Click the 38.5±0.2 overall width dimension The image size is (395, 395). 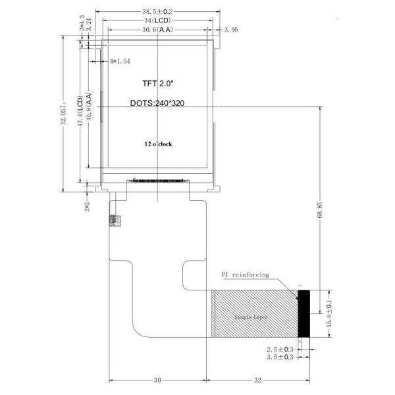pos(158,11)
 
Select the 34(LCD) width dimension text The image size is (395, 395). pos(157,20)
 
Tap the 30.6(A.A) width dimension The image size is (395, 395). pos(157,30)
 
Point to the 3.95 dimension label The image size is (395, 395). pos(231,30)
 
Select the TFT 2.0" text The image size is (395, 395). pos(158,84)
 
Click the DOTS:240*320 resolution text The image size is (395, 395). pos(158,104)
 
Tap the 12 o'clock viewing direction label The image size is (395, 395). pos(158,144)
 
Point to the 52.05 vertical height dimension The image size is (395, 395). pos(64,117)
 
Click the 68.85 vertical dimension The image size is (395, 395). pos(320,211)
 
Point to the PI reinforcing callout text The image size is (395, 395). pos(244,275)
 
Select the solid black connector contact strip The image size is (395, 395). pos(303,313)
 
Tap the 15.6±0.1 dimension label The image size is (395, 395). pos(320,313)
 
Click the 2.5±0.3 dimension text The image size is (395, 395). pos(280,349)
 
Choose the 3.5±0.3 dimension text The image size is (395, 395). pos(280,357)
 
